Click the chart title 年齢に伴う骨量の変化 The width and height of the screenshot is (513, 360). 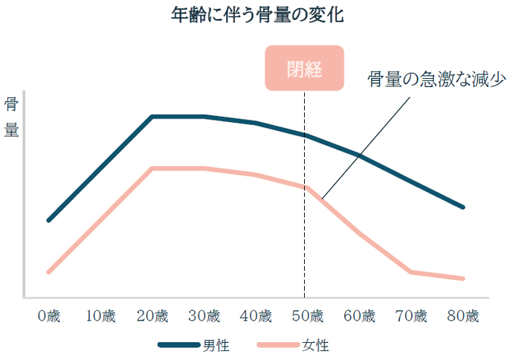[x=257, y=16]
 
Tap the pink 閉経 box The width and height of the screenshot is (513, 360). [x=304, y=68]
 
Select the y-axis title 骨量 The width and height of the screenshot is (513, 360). [x=13, y=117]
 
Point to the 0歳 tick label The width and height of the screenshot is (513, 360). [x=49, y=315]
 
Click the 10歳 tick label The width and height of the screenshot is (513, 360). [x=100, y=315]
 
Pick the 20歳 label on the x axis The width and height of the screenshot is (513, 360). [x=152, y=315]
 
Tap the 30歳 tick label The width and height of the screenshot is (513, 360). [x=204, y=315]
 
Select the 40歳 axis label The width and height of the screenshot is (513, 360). [x=256, y=315]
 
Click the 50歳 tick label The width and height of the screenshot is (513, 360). [x=307, y=315]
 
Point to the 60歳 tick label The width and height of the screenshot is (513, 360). [x=359, y=315]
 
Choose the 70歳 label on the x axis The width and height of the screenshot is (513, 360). [x=411, y=315]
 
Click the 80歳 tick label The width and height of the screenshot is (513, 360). [x=462, y=315]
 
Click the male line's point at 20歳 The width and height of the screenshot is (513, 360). [x=152, y=117]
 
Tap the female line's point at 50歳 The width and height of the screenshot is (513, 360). [x=305, y=187]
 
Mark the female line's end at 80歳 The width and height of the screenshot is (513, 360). [x=463, y=279]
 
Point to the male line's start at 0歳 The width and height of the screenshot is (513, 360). [x=49, y=221]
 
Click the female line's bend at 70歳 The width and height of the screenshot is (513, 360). [x=411, y=272]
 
